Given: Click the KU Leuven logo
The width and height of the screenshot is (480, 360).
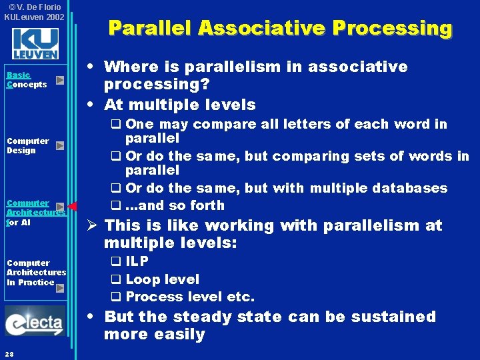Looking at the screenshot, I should (x=35, y=43).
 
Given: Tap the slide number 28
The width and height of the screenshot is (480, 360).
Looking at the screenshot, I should (x=9, y=353).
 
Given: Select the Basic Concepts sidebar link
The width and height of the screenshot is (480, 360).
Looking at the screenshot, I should (x=27, y=80).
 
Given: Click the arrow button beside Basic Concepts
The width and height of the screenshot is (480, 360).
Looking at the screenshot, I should (x=60, y=81).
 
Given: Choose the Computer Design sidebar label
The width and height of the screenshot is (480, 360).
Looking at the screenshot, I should (x=28, y=145).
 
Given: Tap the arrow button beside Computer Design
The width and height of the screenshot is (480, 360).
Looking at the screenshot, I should (x=60, y=145).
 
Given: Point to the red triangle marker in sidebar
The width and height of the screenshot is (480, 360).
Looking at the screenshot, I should (x=73, y=206).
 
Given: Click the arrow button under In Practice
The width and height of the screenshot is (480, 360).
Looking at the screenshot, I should (x=60, y=288).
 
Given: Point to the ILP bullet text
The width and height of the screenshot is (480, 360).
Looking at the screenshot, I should (x=137, y=262).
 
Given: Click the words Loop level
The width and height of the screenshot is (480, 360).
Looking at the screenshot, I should (x=162, y=279).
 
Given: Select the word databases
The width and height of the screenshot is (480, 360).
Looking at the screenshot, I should (x=411, y=188).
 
